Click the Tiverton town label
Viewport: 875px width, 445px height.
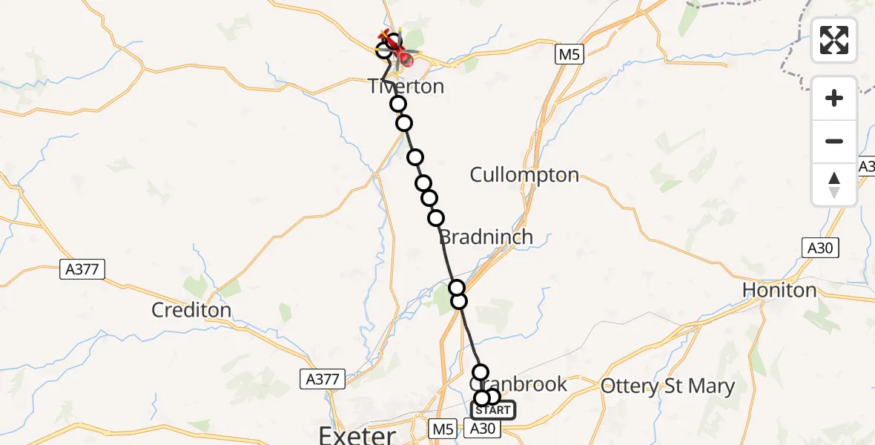tap(406, 87)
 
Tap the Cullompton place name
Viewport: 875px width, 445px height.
tap(524, 175)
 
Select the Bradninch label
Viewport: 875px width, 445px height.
tap(486, 237)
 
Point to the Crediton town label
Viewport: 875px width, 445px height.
tap(191, 309)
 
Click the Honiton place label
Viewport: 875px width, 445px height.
tap(779, 290)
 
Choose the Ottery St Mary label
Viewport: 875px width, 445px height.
tap(667, 386)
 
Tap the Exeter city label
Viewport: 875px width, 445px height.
tap(357, 434)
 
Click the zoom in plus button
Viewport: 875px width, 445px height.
tap(834, 98)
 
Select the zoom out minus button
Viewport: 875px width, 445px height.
tap(834, 141)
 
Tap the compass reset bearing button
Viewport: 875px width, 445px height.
tap(834, 185)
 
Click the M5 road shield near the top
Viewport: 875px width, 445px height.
tap(567, 54)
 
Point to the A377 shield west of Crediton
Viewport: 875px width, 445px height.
tap(82, 269)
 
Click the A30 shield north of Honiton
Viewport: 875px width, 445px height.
tap(820, 248)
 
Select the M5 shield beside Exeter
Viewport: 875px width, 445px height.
tap(443, 428)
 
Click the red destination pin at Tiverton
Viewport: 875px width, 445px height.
tap(406, 59)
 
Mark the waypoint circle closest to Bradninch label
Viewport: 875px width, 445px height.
tap(436, 218)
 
